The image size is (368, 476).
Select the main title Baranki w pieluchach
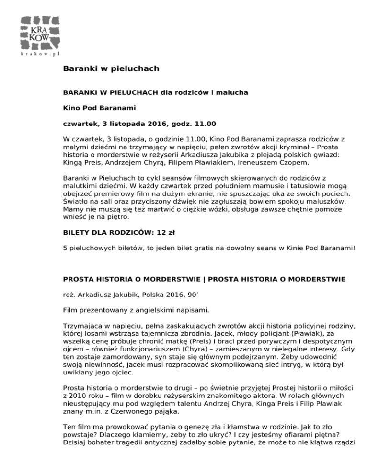click(x=111, y=69)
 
